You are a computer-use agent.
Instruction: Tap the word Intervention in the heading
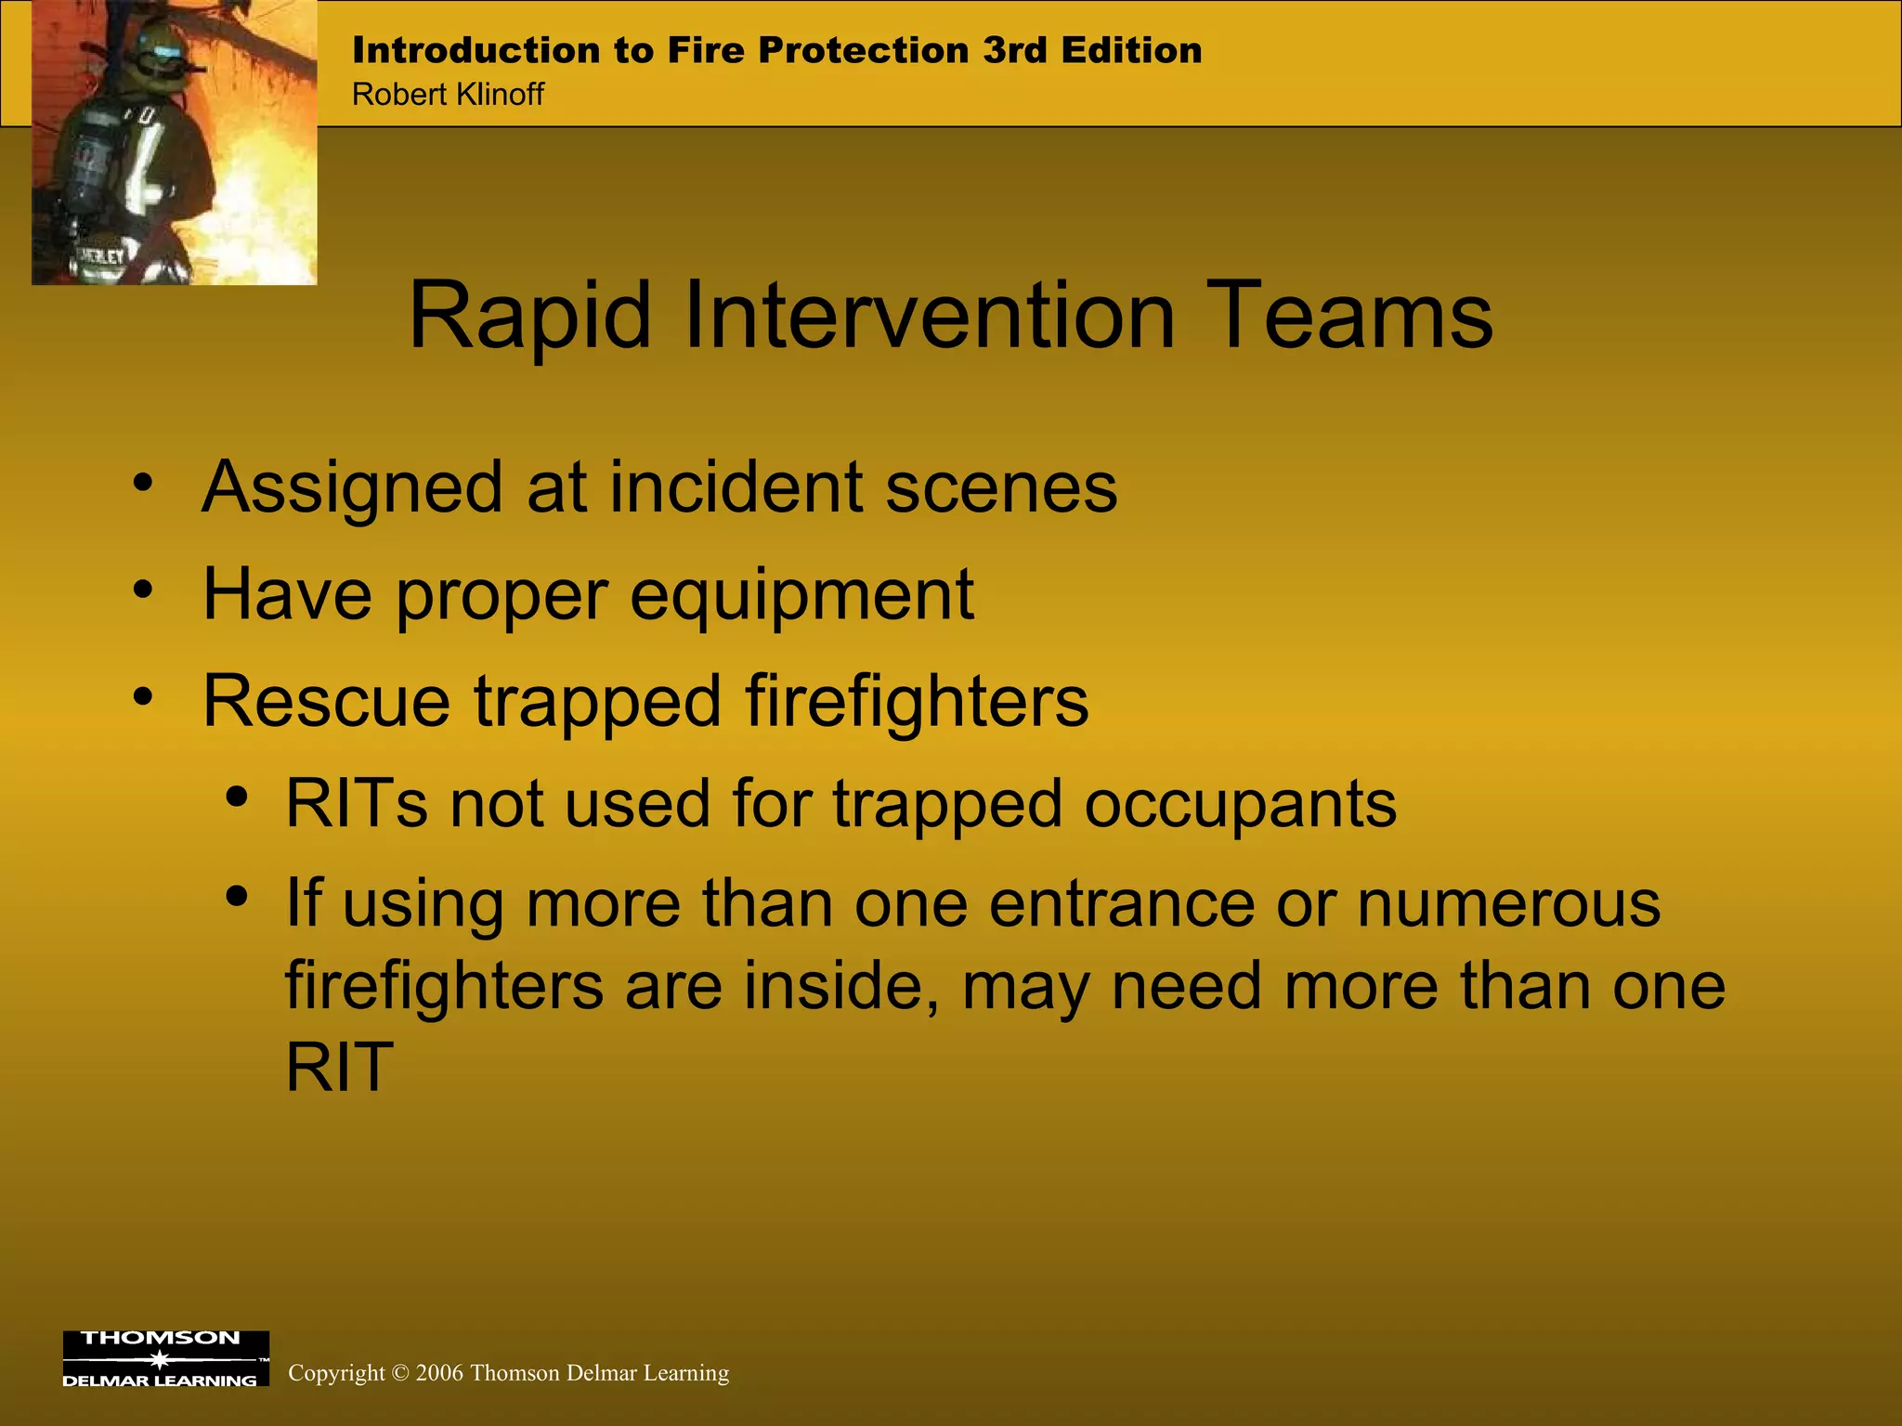930,318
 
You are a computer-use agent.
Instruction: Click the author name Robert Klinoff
448,95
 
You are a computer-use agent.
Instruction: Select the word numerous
1508,903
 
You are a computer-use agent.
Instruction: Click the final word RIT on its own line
340,1068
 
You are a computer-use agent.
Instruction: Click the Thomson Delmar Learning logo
165,1359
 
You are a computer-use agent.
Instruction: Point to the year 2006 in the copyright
439,1373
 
